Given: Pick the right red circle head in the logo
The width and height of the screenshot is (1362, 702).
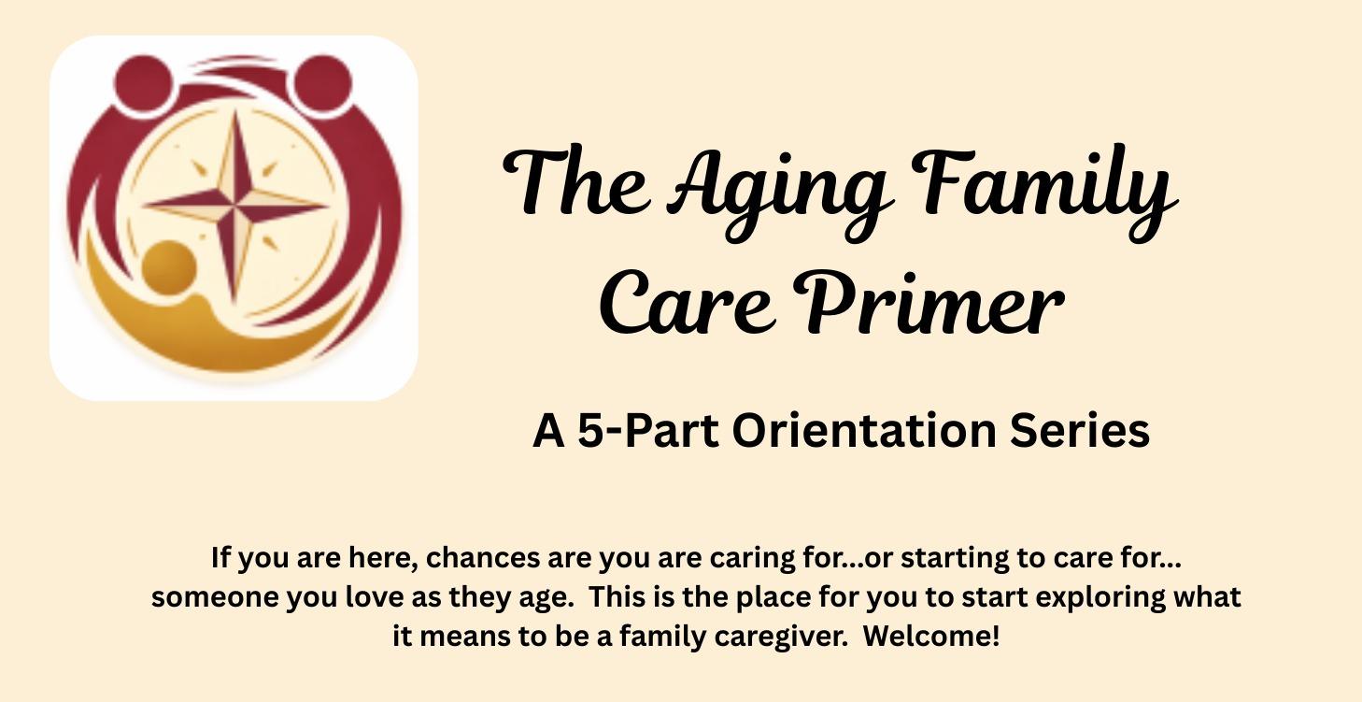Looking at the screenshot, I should (x=321, y=79).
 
